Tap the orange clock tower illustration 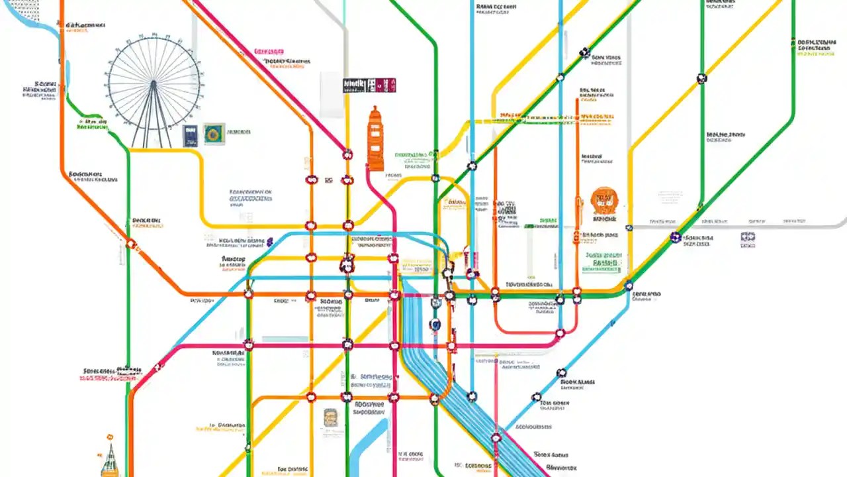click(x=375, y=139)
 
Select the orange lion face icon click(x=603, y=200)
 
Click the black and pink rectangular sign click(x=369, y=85)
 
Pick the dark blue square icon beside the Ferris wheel click(x=191, y=134)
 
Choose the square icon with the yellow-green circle click(x=214, y=134)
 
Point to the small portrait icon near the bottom click(x=331, y=417)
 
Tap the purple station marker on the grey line click(x=675, y=237)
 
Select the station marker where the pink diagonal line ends click(x=347, y=154)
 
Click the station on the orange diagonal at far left click(x=131, y=244)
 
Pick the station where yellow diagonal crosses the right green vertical click(x=702, y=78)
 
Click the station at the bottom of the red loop click(x=560, y=333)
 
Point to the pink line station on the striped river click(x=496, y=437)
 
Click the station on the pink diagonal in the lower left click(x=157, y=367)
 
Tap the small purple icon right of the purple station click(x=748, y=237)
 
